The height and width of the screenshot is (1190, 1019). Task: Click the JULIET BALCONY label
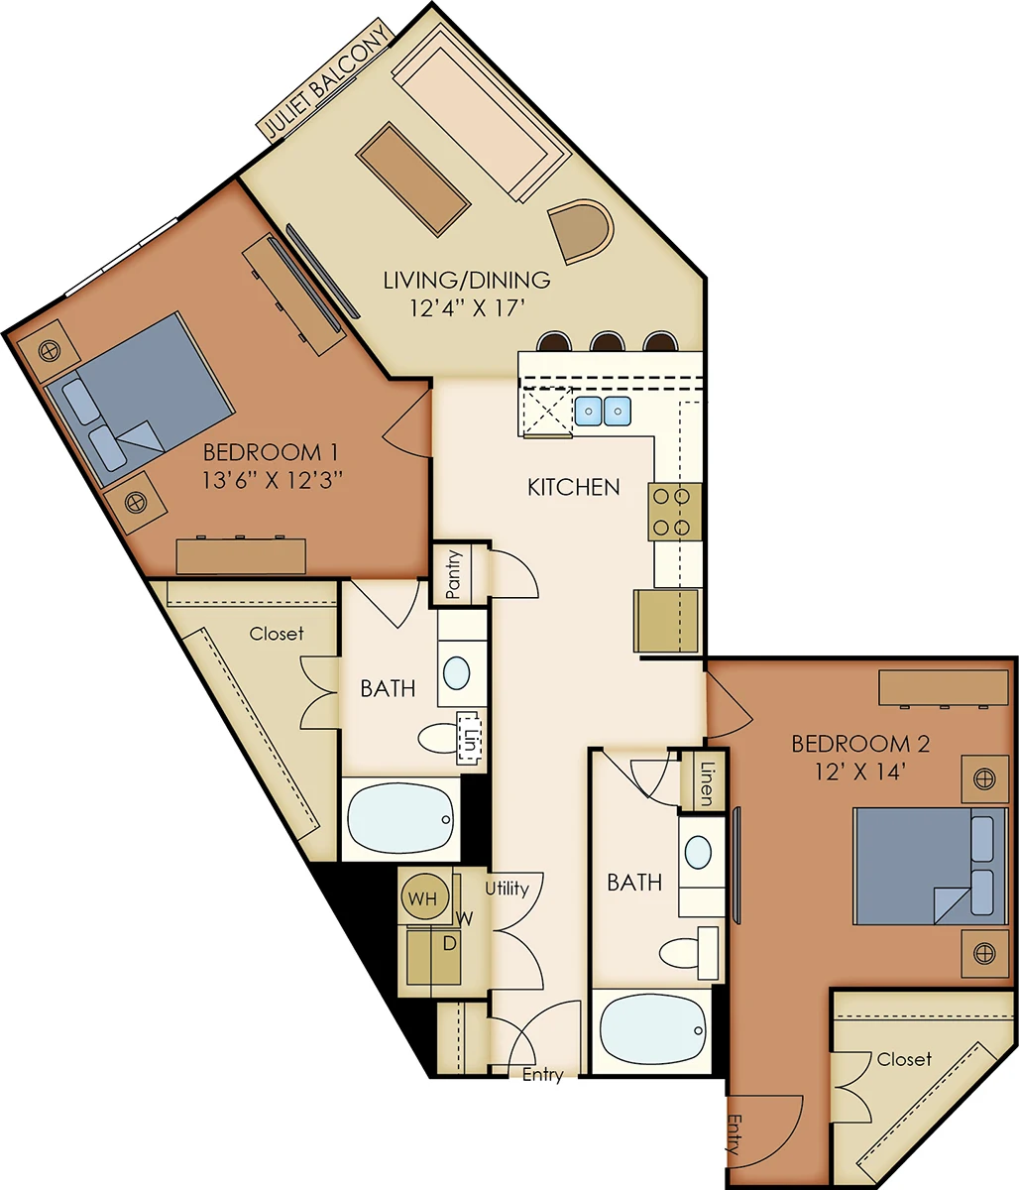click(326, 79)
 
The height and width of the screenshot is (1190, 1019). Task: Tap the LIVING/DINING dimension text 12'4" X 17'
click(468, 308)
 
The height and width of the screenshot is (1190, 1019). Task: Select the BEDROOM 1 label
click(271, 452)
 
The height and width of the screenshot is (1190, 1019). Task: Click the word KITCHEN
click(574, 487)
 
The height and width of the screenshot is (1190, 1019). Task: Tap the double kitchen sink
click(603, 412)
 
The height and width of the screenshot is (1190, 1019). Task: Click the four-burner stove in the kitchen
click(675, 512)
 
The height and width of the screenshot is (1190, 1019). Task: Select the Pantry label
click(454, 574)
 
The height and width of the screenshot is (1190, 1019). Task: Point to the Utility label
click(507, 889)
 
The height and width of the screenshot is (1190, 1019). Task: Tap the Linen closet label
click(707, 783)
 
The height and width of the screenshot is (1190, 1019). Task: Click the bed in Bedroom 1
click(140, 400)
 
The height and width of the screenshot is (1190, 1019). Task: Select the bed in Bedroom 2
click(930, 866)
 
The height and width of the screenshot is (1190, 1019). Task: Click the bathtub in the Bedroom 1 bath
click(400, 818)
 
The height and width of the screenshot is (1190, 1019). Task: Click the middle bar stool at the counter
click(608, 341)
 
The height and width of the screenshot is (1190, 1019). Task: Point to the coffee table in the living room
click(413, 178)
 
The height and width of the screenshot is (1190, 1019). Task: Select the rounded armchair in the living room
click(580, 231)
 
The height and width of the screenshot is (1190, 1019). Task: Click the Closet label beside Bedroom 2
click(904, 1059)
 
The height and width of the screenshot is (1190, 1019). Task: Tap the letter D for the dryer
click(449, 943)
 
